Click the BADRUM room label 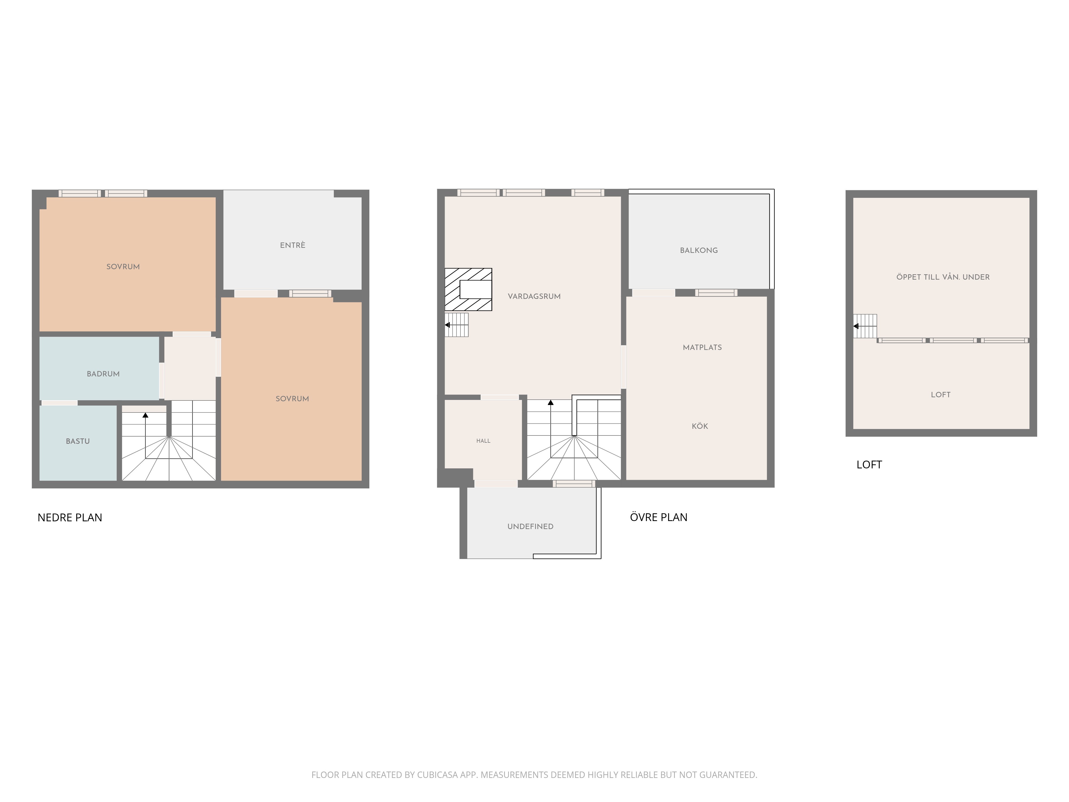[103, 374]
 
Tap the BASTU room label [78, 441]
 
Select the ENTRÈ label [292, 245]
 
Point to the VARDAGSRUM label [534, 296]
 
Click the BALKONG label [699, 250]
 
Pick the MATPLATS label [702, 347]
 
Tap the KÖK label [700, 426]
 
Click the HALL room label [483, 441]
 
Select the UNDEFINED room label [530, 526]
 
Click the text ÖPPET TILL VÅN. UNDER [943, 277]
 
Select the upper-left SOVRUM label [123, 266]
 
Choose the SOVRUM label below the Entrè [292, 399]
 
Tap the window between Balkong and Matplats [716, 292]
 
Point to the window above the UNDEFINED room [574, 483]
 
